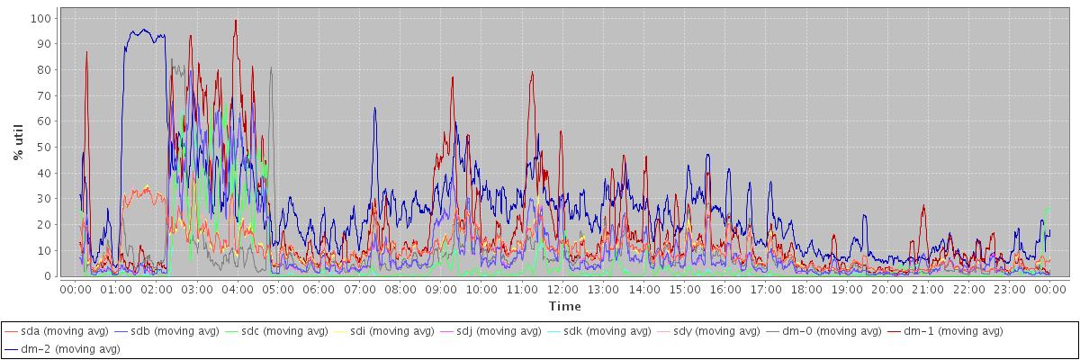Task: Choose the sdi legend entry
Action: click(385, 331)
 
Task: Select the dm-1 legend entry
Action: click(949, 331)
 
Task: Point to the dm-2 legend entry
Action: click(61, 348)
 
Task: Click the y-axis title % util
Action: click(17, 142)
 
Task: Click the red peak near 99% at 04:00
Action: click(236, 21)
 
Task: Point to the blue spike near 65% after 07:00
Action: click(374, 108)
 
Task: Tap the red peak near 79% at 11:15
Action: click(532, 72)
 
